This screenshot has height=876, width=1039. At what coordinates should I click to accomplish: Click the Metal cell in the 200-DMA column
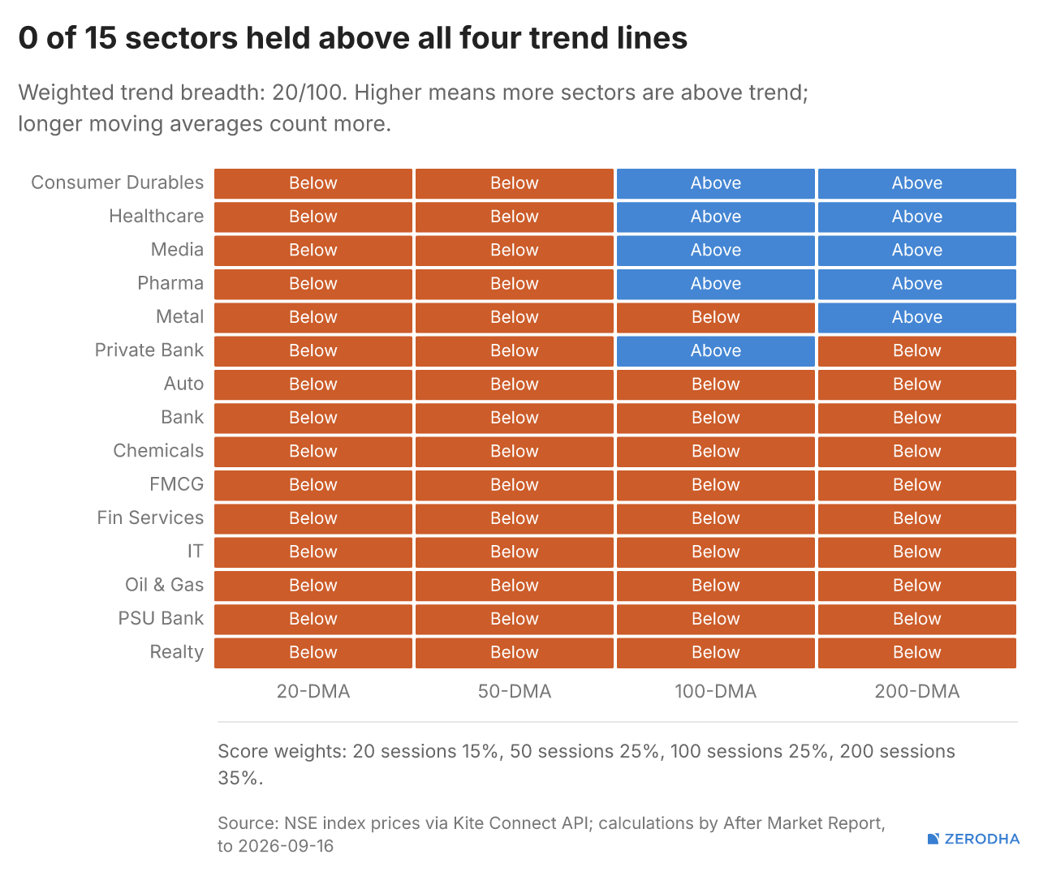point(916,317)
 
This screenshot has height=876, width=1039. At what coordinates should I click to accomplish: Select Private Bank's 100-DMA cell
point(716,351)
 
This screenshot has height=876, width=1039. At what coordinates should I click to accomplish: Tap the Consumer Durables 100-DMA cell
point(716,183)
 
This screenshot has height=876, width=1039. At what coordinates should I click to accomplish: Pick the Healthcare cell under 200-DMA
point(916,217)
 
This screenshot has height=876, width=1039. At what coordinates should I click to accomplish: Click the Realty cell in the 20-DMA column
point(313,653)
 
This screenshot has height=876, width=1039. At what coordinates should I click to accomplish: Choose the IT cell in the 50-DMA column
point(514,552)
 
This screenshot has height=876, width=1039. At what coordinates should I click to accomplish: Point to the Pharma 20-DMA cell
point(313,284)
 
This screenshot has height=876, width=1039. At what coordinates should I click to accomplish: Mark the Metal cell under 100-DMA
point(716,317)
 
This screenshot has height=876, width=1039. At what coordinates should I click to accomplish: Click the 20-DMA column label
point(313,692)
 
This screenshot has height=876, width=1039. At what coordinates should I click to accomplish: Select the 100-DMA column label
point(716,692)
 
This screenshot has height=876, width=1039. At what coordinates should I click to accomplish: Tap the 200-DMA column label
point(916,692)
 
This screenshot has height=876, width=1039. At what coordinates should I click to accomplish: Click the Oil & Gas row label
point(164,585)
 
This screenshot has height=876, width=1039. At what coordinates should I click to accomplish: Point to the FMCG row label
point(177,484)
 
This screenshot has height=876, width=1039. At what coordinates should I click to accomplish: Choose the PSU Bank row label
point(161,618)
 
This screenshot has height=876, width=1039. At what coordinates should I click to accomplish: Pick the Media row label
point(177,250)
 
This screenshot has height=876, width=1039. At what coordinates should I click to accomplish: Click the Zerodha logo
point(973,839)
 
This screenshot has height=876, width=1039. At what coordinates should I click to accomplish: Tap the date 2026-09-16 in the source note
point(286,846)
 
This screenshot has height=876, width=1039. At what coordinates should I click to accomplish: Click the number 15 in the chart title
point(101,38)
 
